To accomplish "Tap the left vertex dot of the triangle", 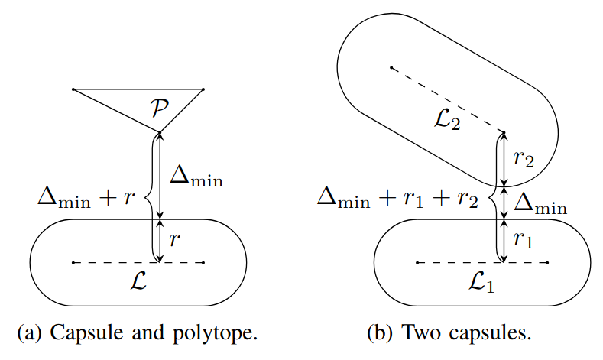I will click(x=73, y=90).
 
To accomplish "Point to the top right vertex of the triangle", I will click(x=203, y=90).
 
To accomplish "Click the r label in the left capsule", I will click(x=176, y=241).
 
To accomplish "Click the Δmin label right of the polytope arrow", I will click(x=196, y=177).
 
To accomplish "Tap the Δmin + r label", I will click(x=86, y=199).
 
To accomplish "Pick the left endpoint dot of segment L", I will click(x=73, y=263).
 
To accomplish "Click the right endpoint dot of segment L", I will click(x=203, y=263).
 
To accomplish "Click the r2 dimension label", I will click(x=524, y=159).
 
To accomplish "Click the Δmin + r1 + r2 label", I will click(x=398, y=199).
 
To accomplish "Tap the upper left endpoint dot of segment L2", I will click(x=391, y=68).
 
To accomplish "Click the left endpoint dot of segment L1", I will click(x=417, y=263).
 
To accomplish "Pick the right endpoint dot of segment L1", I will click(x=548, y=263).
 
